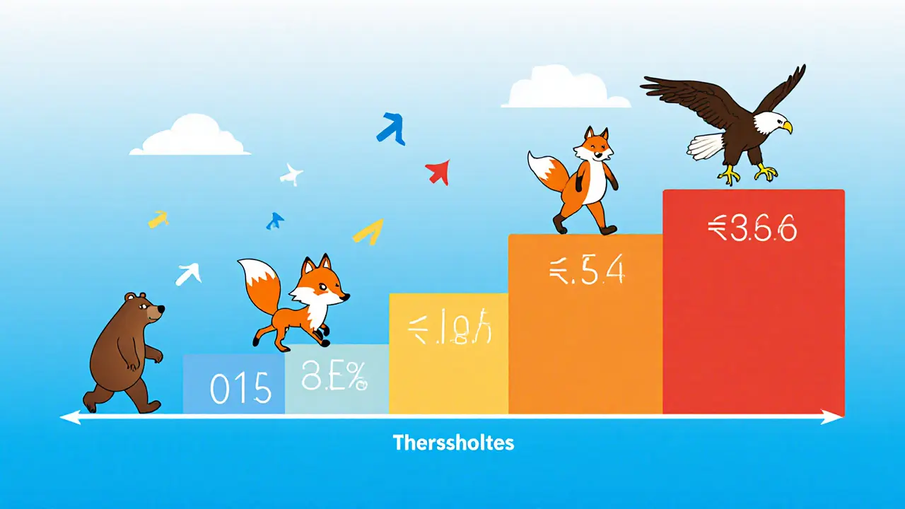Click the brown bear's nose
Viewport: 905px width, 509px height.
point(161,309)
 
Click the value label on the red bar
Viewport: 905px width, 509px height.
point(752,229)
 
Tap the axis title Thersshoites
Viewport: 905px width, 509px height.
point(453,443)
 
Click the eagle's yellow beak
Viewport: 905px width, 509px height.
point(786,127)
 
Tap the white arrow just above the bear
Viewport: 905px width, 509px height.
point(188,274)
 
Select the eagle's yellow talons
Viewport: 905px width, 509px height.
point(749,172)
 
